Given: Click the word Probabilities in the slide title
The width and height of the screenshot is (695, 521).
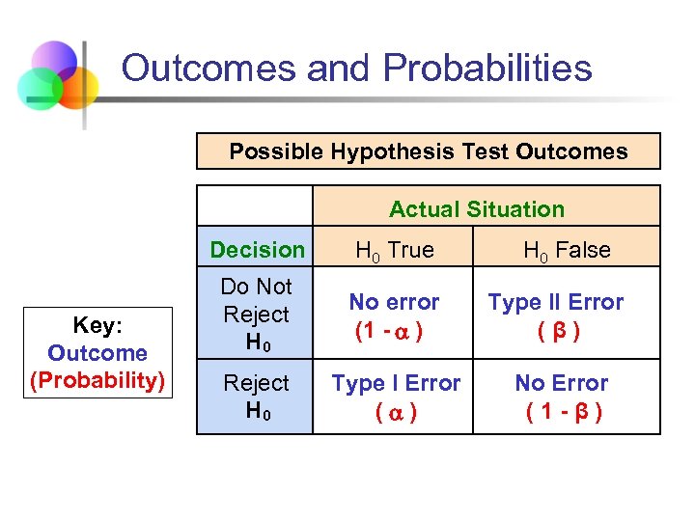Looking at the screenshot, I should [487, 69].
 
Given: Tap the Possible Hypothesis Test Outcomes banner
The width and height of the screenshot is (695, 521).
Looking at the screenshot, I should [428, 151].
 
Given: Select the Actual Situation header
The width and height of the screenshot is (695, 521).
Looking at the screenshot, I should [477, 209].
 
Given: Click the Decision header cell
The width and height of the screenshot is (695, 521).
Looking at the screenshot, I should [257, 250].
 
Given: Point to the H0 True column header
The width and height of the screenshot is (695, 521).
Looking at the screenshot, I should [394, 251].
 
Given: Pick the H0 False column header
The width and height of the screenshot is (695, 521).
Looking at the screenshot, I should [567, 251].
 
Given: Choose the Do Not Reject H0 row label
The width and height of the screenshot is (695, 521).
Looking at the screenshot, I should [256, 315].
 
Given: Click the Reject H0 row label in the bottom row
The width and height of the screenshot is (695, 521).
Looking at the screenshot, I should [256, 397].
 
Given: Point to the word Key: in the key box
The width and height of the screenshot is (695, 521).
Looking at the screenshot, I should [97, 325].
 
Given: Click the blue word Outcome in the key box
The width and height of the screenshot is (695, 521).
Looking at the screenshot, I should [97, 353].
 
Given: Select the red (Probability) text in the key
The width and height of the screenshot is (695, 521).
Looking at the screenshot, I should [97, 380].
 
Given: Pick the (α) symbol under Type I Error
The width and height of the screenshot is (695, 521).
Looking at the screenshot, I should [396, 412].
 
